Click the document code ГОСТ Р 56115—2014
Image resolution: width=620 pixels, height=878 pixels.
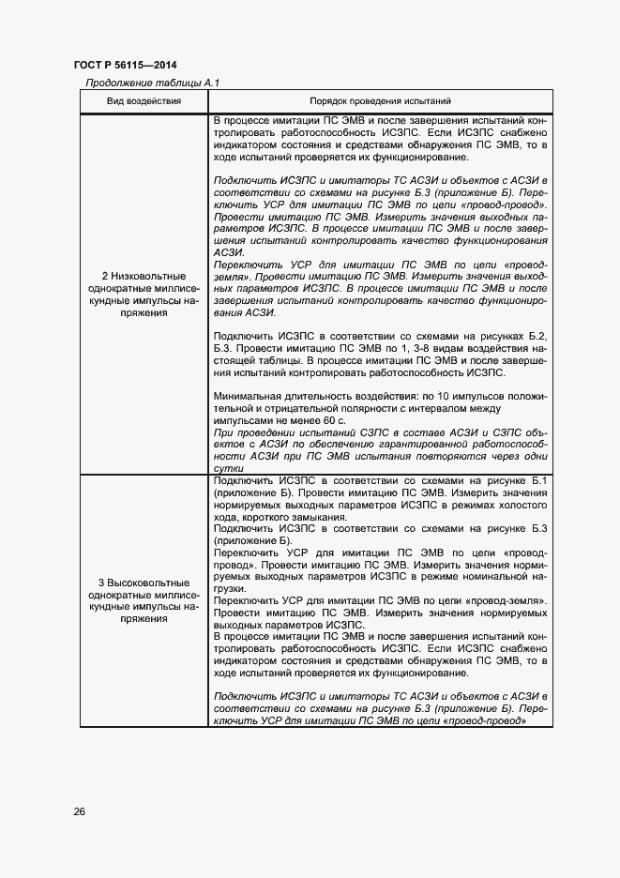tap(125, 65)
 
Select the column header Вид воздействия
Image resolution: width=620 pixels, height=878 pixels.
tap(144, 100)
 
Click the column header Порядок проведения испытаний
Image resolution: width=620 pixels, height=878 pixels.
tap(381, 100)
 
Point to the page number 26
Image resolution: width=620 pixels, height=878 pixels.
tap(80, 810)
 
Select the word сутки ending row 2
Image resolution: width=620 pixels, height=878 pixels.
tap(229, 466)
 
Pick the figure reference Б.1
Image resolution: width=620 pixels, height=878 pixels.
tap(539, 480)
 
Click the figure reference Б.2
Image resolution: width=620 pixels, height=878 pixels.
tap(537, 336)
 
